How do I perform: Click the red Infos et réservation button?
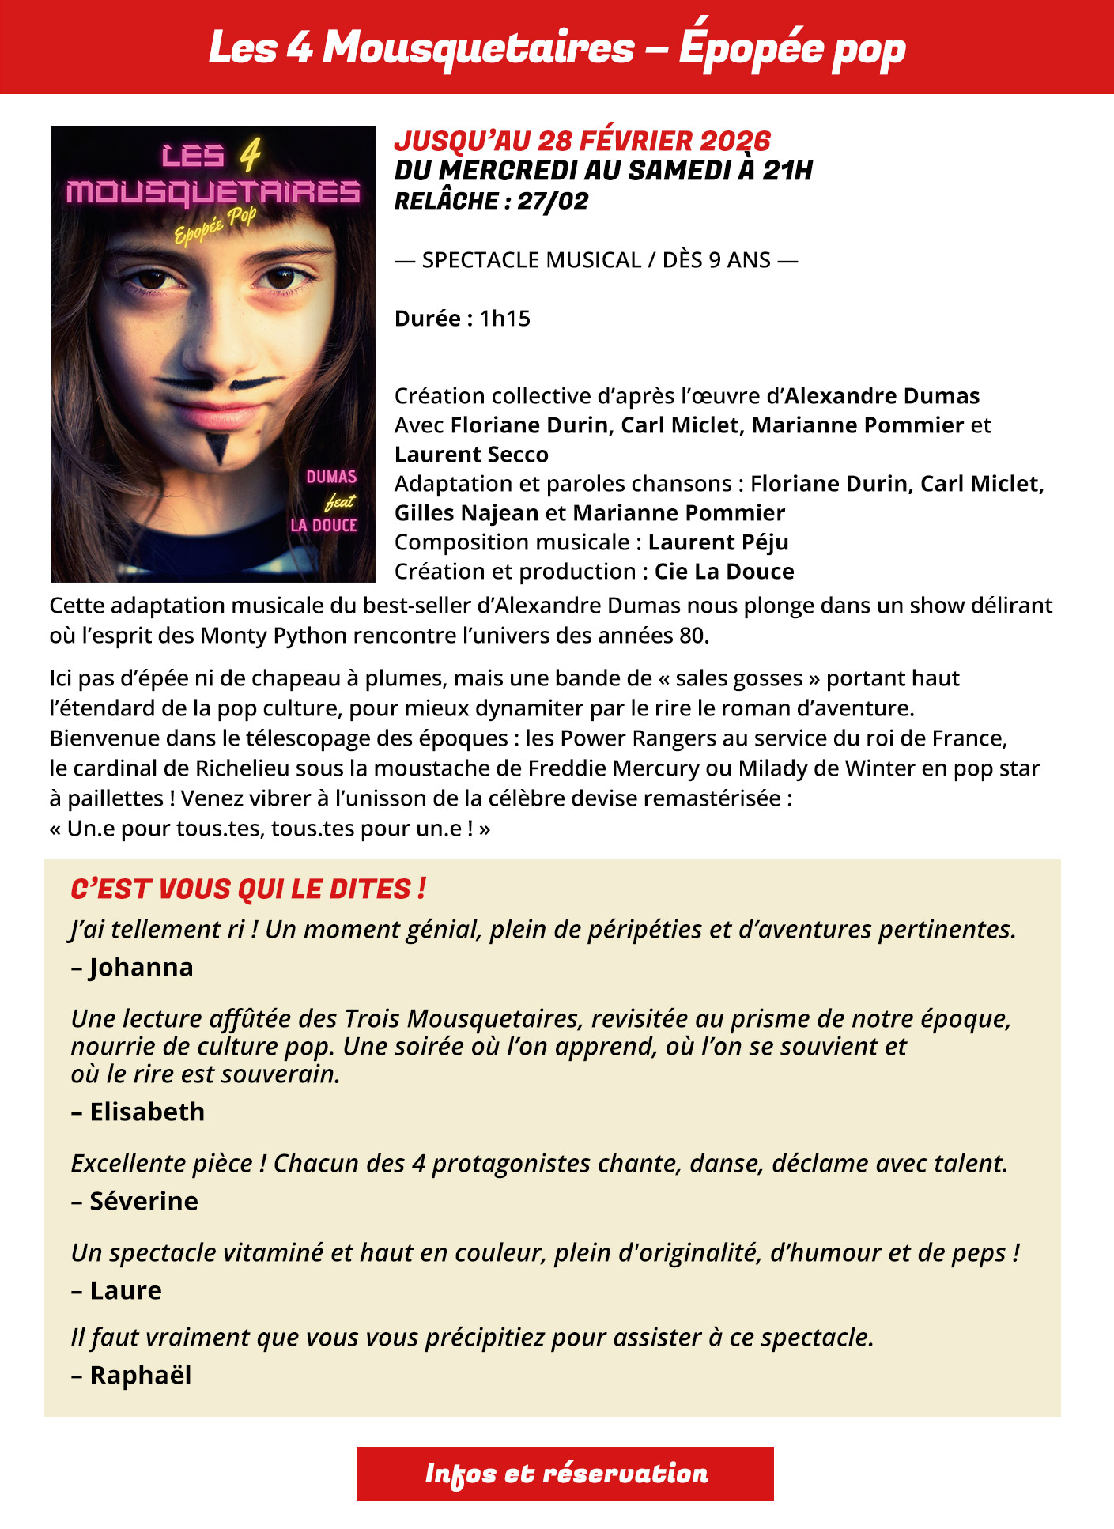tap(565, 1473)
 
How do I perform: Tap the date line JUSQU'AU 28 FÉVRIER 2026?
tap(582, 141)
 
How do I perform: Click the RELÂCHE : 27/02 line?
tap(491, 201)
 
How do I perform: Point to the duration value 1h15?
tap(504, 318)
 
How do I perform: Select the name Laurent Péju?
tap(718, 542)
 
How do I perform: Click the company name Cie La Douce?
tap(723, 572)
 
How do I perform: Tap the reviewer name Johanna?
tap(141, 967)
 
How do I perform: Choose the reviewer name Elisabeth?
tap(147, 1112)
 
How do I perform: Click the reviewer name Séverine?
tap(144, 1201)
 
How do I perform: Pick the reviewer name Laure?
tap(126, 1290)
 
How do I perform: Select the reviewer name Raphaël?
tap(141, 1375)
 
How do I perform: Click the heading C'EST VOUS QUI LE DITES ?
tap(248, 889)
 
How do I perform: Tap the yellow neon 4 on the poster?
tap(250, 155)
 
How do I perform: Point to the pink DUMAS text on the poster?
tap(331, 477)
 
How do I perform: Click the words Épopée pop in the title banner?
tap(791, 47)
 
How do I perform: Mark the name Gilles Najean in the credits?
tap(466, 513)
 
